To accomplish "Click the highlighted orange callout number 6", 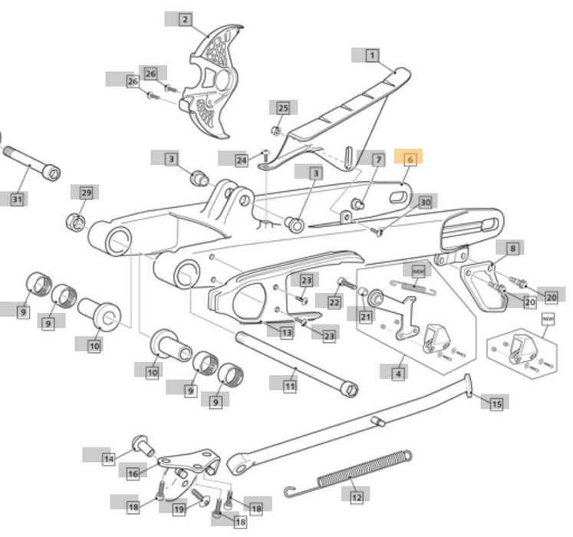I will tap(410, 159).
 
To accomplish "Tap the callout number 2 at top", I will tap(185, 19).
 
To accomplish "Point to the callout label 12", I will tap(356, 498).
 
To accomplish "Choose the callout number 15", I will tap(496, 403).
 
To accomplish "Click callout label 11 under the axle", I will tap(290, 386).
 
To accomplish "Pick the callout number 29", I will tap(86, 192).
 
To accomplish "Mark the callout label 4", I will tap(398, 374).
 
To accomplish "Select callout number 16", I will tap(133, 473).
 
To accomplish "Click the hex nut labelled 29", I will tap(77, 222).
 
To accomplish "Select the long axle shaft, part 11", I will tap(295, 361).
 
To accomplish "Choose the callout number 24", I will tap(242, 160).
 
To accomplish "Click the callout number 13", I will tap(286, 332).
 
